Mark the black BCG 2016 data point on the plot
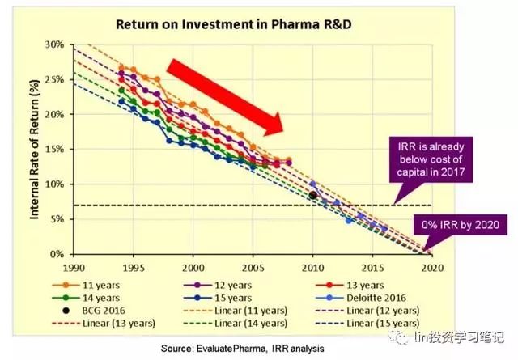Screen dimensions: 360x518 click(313, 195)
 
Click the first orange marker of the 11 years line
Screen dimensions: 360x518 click(121, 67)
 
